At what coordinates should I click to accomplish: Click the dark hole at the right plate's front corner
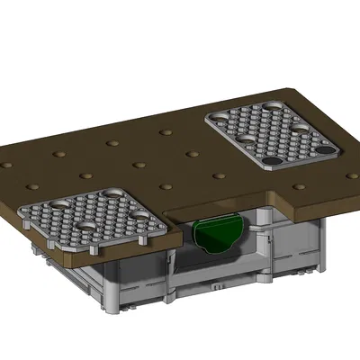(x=271, y=163)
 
